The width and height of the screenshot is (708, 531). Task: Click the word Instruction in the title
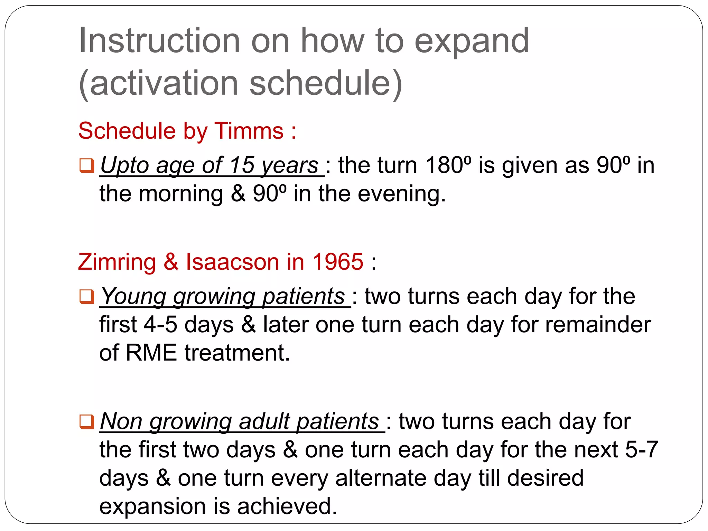click(x=159, y=41)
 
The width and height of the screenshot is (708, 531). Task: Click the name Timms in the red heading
click(x=249, y=131)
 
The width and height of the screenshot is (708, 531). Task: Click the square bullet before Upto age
click(x=86, y=165)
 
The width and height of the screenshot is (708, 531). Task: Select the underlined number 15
click(x=242, y=165)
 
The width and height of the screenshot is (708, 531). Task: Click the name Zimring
click(x=117, y=262)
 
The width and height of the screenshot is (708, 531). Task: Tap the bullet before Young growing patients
click(x=86, y=296)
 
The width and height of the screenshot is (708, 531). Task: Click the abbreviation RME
click(x=151, y=353)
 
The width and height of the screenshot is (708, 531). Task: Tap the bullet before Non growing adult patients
click(x=86, y=421)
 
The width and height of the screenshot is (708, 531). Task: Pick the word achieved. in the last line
click(x=287, y=506)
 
